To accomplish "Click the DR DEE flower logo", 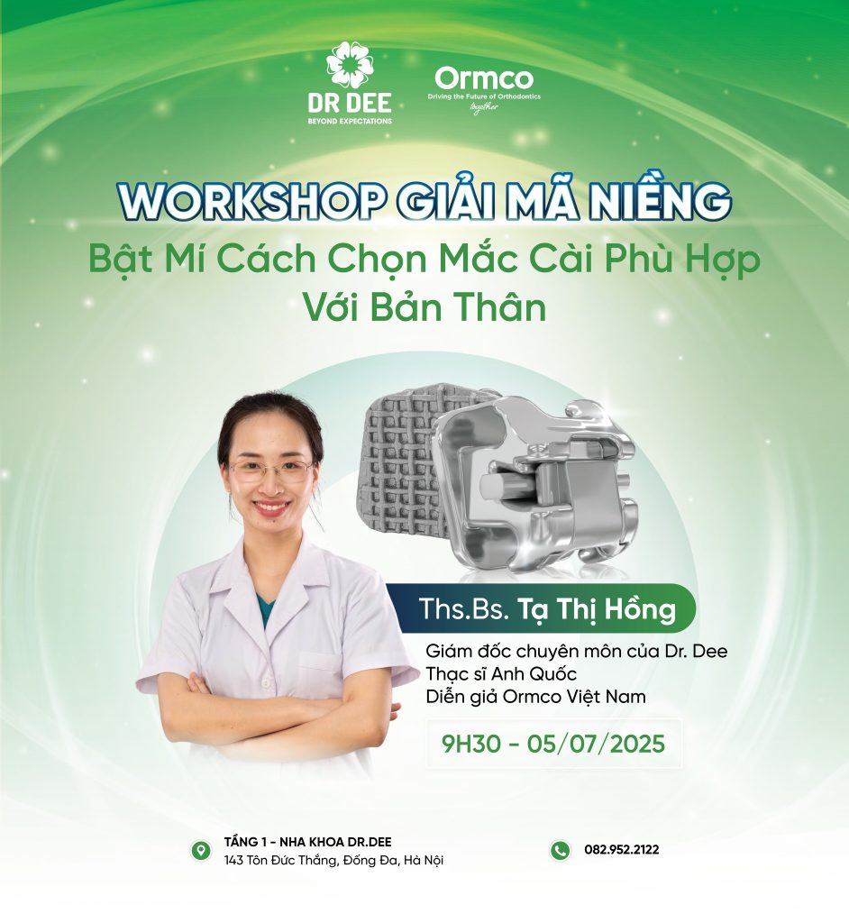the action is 351,64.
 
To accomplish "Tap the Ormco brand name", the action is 484,78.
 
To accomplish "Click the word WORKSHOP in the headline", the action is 251,202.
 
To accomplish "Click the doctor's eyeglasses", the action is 271,471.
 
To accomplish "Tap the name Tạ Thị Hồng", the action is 597,608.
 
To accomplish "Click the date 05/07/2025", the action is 596,744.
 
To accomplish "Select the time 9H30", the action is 471,744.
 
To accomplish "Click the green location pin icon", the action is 201,851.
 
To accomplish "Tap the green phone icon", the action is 561,850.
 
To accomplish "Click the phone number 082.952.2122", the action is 622,849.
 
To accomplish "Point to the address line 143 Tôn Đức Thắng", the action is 333,860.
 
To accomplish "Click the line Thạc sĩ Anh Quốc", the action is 501,673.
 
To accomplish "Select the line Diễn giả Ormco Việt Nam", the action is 535,697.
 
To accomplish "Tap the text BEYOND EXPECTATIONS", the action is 350,121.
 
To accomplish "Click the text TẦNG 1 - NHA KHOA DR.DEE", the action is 308,843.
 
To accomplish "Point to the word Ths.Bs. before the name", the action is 464,608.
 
